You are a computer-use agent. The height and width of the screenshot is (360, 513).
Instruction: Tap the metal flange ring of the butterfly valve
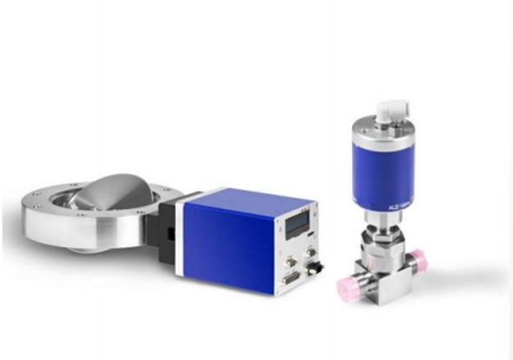coord(49,226)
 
